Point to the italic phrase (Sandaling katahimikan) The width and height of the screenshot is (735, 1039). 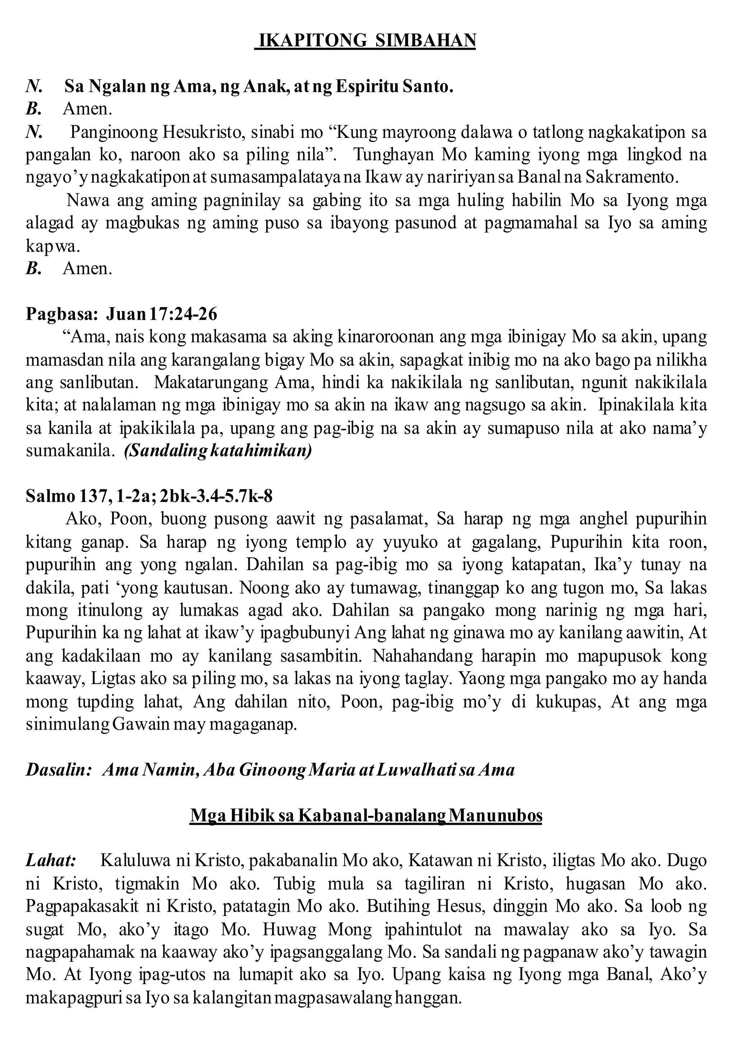218,451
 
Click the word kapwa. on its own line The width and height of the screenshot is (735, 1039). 53,246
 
